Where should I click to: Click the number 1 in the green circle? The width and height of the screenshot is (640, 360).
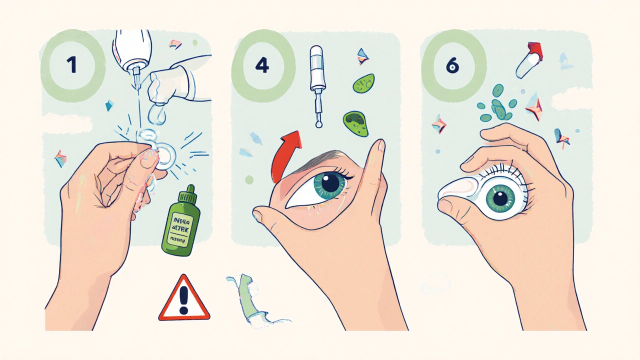[71, 65]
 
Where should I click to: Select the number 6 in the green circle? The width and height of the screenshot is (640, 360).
[453, 65]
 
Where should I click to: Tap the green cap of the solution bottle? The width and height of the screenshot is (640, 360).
[189, 192]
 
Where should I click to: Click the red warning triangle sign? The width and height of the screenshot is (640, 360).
[184, 299]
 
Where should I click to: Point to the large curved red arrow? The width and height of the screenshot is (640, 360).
[285, 155]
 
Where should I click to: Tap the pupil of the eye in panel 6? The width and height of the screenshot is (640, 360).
[500, 199]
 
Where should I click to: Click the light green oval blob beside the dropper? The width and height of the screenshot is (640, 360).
[363, 83]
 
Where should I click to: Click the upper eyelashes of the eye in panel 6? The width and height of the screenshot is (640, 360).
[505, 170]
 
